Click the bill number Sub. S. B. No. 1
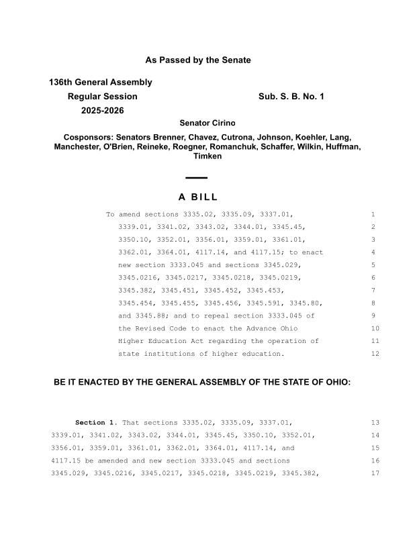tap(291, 97)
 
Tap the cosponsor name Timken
tap(207, 156)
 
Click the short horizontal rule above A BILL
tap(196, 178)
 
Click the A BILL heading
tap(198, 197)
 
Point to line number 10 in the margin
tap(375, 329)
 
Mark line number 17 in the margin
tap(375, 473)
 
